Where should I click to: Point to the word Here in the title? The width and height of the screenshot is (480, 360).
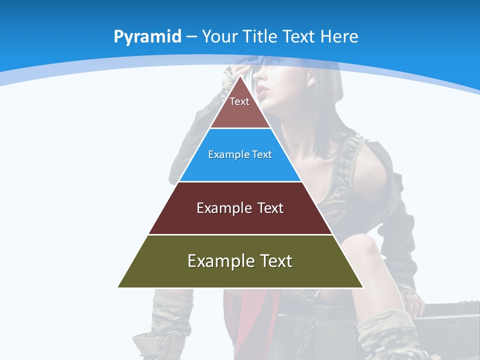pos(339,36)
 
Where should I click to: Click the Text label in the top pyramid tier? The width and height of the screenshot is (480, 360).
pos(239,101)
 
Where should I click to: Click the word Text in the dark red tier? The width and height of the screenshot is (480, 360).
pos(270,208)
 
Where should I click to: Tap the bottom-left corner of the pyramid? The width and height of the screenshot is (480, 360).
pos(118,287)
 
